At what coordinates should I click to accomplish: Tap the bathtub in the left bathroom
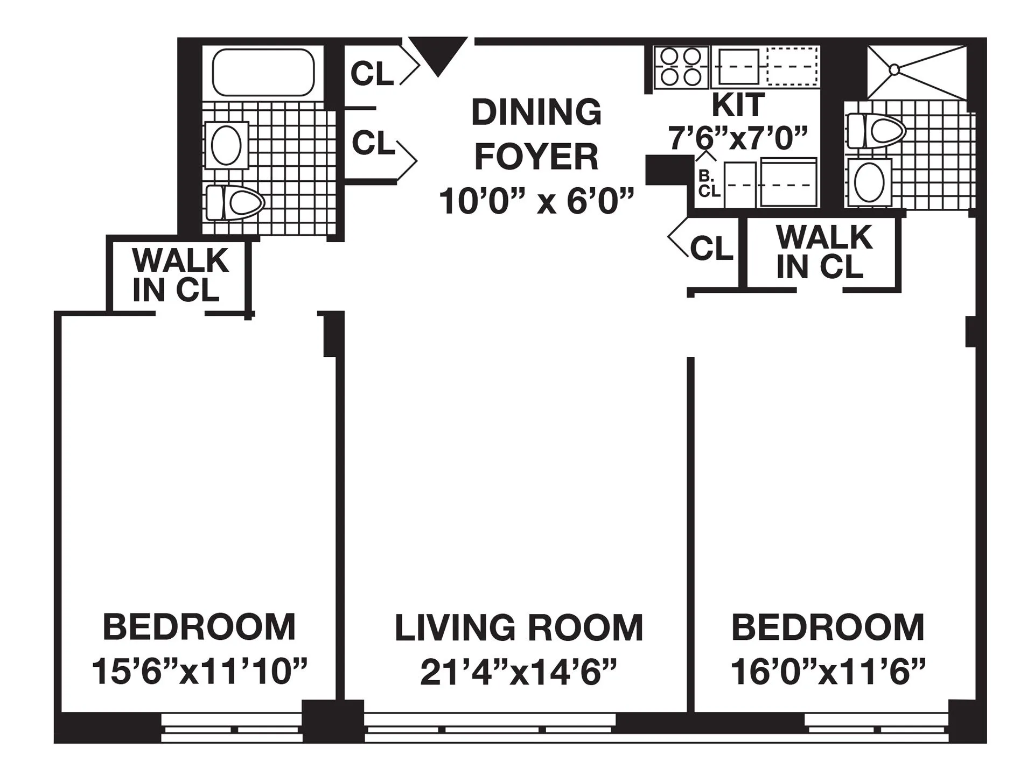coord(263,73)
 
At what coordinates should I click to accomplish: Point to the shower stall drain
coord(894,69)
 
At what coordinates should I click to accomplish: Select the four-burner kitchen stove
coord(681,67)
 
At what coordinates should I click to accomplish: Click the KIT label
coord(738,105)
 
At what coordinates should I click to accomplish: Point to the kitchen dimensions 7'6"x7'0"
coord(738,138)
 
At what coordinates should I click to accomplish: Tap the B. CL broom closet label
coord(709,184)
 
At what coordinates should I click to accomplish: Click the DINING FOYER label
coord(536,135)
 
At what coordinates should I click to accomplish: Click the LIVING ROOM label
coord(519,627)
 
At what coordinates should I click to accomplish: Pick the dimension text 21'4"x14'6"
coord(519,672)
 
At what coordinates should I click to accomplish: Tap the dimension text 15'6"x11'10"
coord(199,672)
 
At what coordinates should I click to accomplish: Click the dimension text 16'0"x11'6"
coord(828,672)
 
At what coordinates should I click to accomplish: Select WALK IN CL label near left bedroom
coord(180,275)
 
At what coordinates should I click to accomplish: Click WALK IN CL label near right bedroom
coord(823,251)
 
